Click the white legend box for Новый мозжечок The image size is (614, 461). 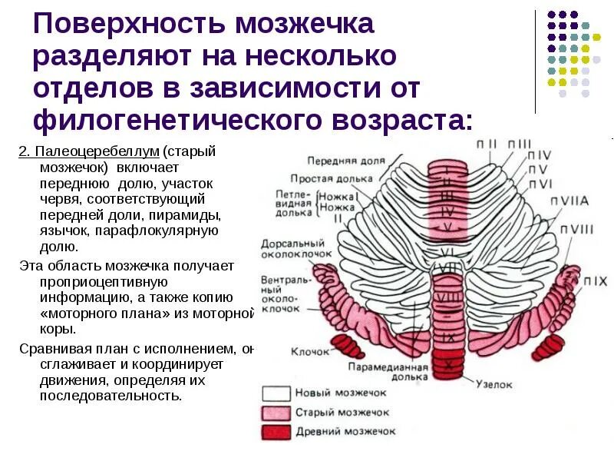[276, 393]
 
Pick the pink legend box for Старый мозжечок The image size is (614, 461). [276, 413]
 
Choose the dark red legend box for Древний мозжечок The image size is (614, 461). [276, 432]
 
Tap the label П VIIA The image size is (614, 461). [569, 201]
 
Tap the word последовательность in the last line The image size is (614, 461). [111, 396]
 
